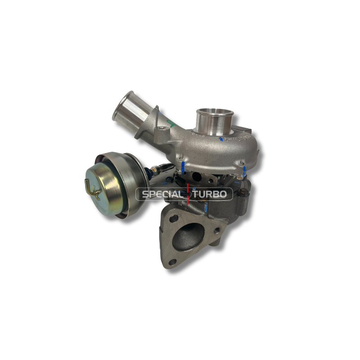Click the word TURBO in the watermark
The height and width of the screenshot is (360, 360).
(210, 194)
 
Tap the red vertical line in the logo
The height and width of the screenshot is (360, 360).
(188, 194)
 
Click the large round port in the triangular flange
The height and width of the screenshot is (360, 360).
(188, 237)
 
